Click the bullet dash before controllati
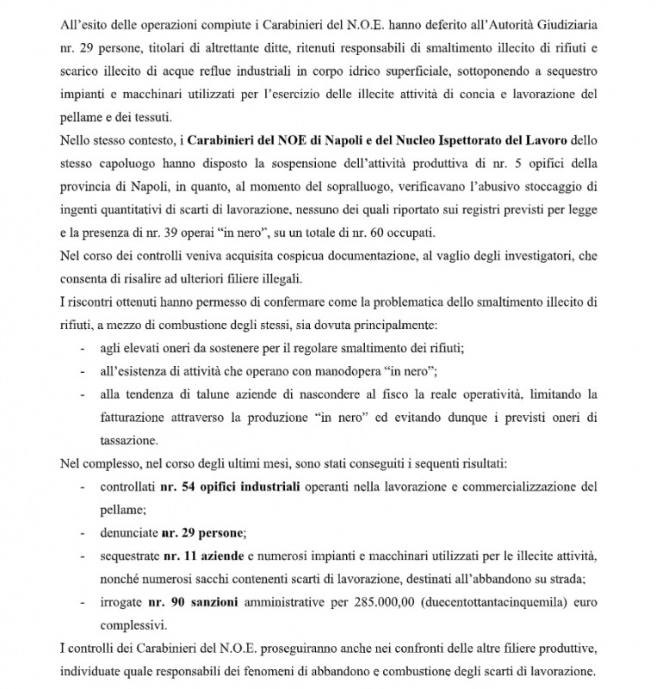point(81,487)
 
